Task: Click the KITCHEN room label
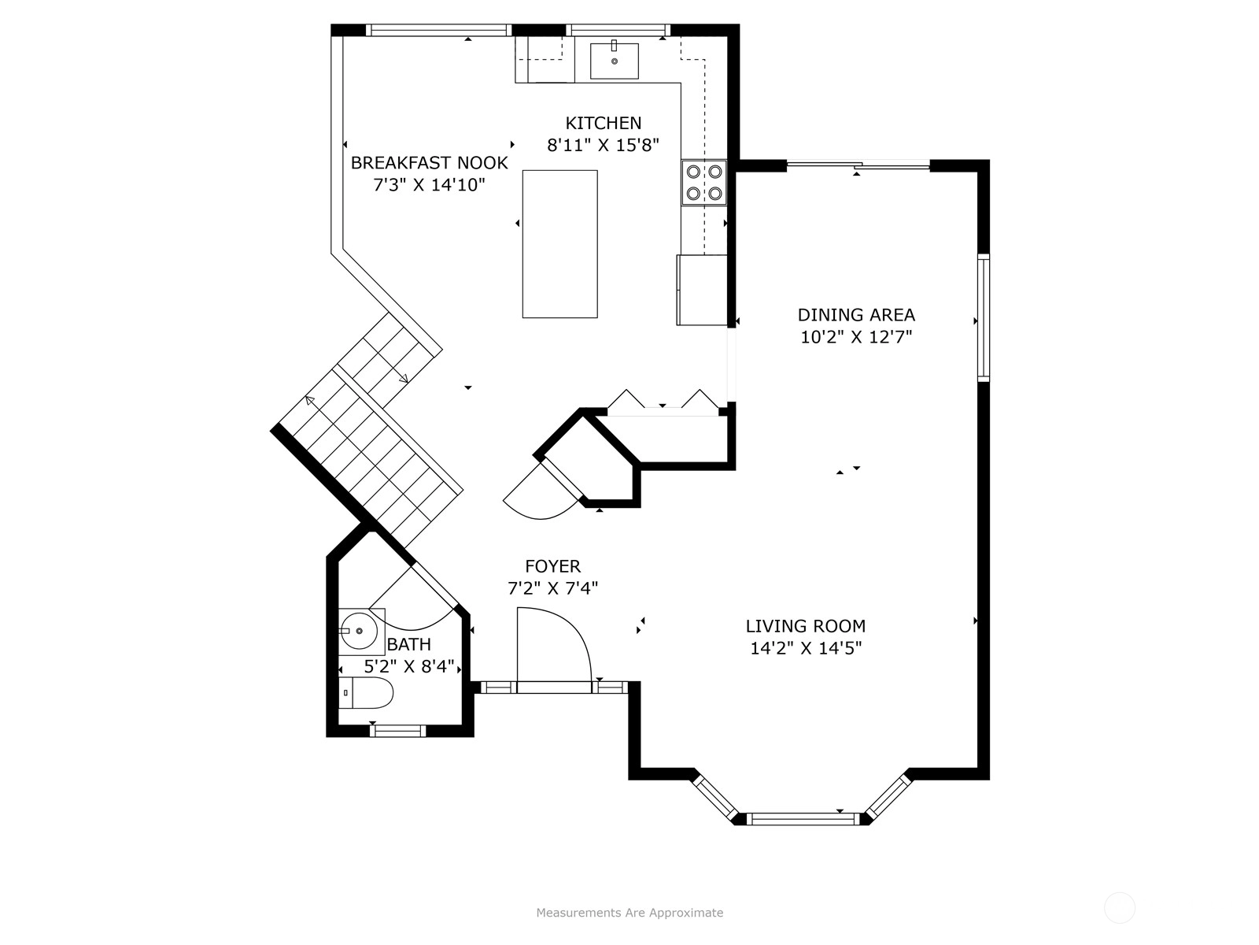pos(603,123)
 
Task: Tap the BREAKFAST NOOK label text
pos(429,163)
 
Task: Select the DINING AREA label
pos(856,314)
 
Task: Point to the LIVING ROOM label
pos(805,625)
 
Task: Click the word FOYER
pos(553,566)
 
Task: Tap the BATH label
pos(409,644)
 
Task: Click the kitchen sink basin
pos(615,61)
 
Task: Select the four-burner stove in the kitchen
pos(704,183)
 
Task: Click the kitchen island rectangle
pos(559,244)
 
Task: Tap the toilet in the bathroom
pos(365,692)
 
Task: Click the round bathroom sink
pos(359,631)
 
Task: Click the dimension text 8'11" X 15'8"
pos(603,145)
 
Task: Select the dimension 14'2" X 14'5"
pos(806,648)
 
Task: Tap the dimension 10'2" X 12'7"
pos(856,337)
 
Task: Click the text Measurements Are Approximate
pos(629,912)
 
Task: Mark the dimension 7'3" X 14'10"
pos(429,185)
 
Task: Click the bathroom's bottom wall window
pos(397,731)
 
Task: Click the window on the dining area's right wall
pos(983,318)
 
